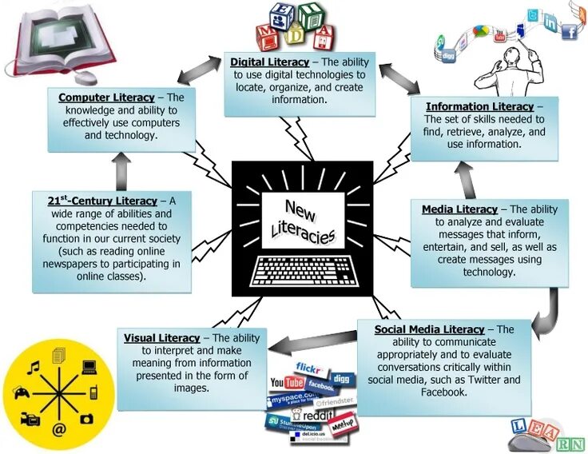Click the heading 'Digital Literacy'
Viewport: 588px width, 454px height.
[269, 62]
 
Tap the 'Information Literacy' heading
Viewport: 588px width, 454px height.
[479, 107]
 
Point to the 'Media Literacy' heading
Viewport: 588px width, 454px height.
[459, 210]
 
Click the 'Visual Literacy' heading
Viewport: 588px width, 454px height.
[161, 338]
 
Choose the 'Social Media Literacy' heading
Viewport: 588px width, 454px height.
[430, 329]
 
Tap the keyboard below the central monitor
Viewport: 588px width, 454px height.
[302, 272]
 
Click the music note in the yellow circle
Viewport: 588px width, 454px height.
[33, 368]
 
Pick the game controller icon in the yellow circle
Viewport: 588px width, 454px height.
[21, 392]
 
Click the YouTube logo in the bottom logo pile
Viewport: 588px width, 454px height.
[287, 383]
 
